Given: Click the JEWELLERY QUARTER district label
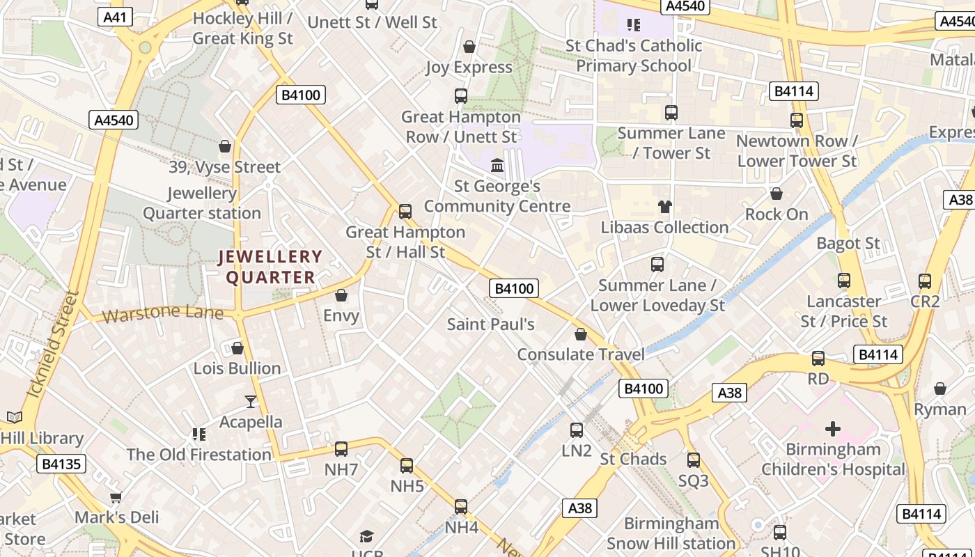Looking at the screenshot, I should click(270, 267).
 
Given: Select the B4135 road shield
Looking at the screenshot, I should click(61, 464).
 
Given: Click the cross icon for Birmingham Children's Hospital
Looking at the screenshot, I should click(832, 428).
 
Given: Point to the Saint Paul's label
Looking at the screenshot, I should click(490, 324).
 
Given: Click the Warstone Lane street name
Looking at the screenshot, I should click(162, 313).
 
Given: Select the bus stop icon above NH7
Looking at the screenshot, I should click(341, 449).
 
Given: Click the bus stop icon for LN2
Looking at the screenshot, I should click(577, 430).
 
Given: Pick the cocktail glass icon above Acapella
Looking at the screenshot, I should click(251, 402).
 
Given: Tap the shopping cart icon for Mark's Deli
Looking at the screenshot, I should click(116, 497).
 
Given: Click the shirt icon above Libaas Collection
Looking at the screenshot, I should click(664, 207).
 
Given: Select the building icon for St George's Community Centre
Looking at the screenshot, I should click(497, 166).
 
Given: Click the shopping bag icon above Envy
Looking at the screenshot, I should click(341, 296).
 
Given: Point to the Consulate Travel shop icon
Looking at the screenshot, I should click(581, 335).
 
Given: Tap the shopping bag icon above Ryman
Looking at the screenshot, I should click(940, 389).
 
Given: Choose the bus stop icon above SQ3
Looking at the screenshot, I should click(694, 460).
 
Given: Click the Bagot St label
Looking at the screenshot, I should click(848, 244).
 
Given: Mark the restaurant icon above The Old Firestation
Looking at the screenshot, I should click(199, 434).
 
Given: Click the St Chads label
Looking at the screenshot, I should click(633, 459).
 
